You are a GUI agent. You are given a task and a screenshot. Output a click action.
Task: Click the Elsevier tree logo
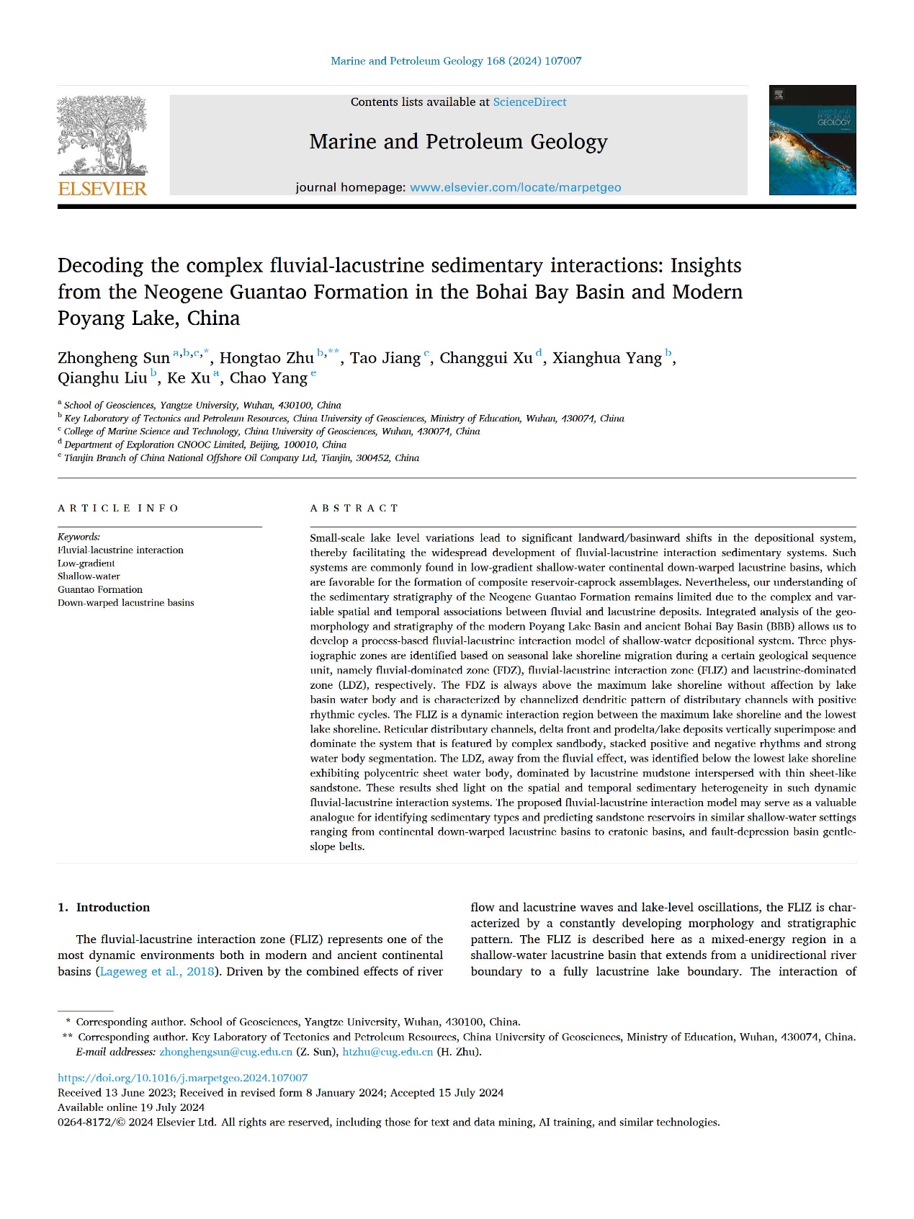[102, 135]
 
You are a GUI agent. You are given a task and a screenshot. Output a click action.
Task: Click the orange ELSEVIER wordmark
[102, 189]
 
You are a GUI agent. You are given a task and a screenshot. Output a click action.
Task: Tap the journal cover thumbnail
[812, 140]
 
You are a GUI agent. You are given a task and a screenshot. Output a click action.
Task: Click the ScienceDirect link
[529, 102]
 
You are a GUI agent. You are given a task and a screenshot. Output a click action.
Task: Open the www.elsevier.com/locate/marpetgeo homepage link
[515, 187]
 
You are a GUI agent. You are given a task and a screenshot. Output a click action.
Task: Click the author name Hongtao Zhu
[266, 358]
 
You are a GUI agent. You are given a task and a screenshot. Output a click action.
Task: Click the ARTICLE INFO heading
[118, 508]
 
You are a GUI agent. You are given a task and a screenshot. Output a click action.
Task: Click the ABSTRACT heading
[354, 508]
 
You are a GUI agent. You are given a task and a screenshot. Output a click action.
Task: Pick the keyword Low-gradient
[86, 563]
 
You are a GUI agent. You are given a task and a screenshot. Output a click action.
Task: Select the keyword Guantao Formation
[100, 589]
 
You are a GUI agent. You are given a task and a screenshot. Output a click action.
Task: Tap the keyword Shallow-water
[89, 576]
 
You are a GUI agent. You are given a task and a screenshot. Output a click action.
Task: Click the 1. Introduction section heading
[104, 907]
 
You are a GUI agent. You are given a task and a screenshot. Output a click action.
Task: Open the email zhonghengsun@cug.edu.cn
[225, 1052]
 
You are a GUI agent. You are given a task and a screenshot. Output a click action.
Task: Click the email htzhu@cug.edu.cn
[387, 1052]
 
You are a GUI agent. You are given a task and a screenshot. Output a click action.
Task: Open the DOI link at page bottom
[182, 1078]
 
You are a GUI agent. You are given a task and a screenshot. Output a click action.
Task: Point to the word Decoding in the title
[101, 266]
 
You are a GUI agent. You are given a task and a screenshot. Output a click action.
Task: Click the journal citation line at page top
[456, 61]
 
